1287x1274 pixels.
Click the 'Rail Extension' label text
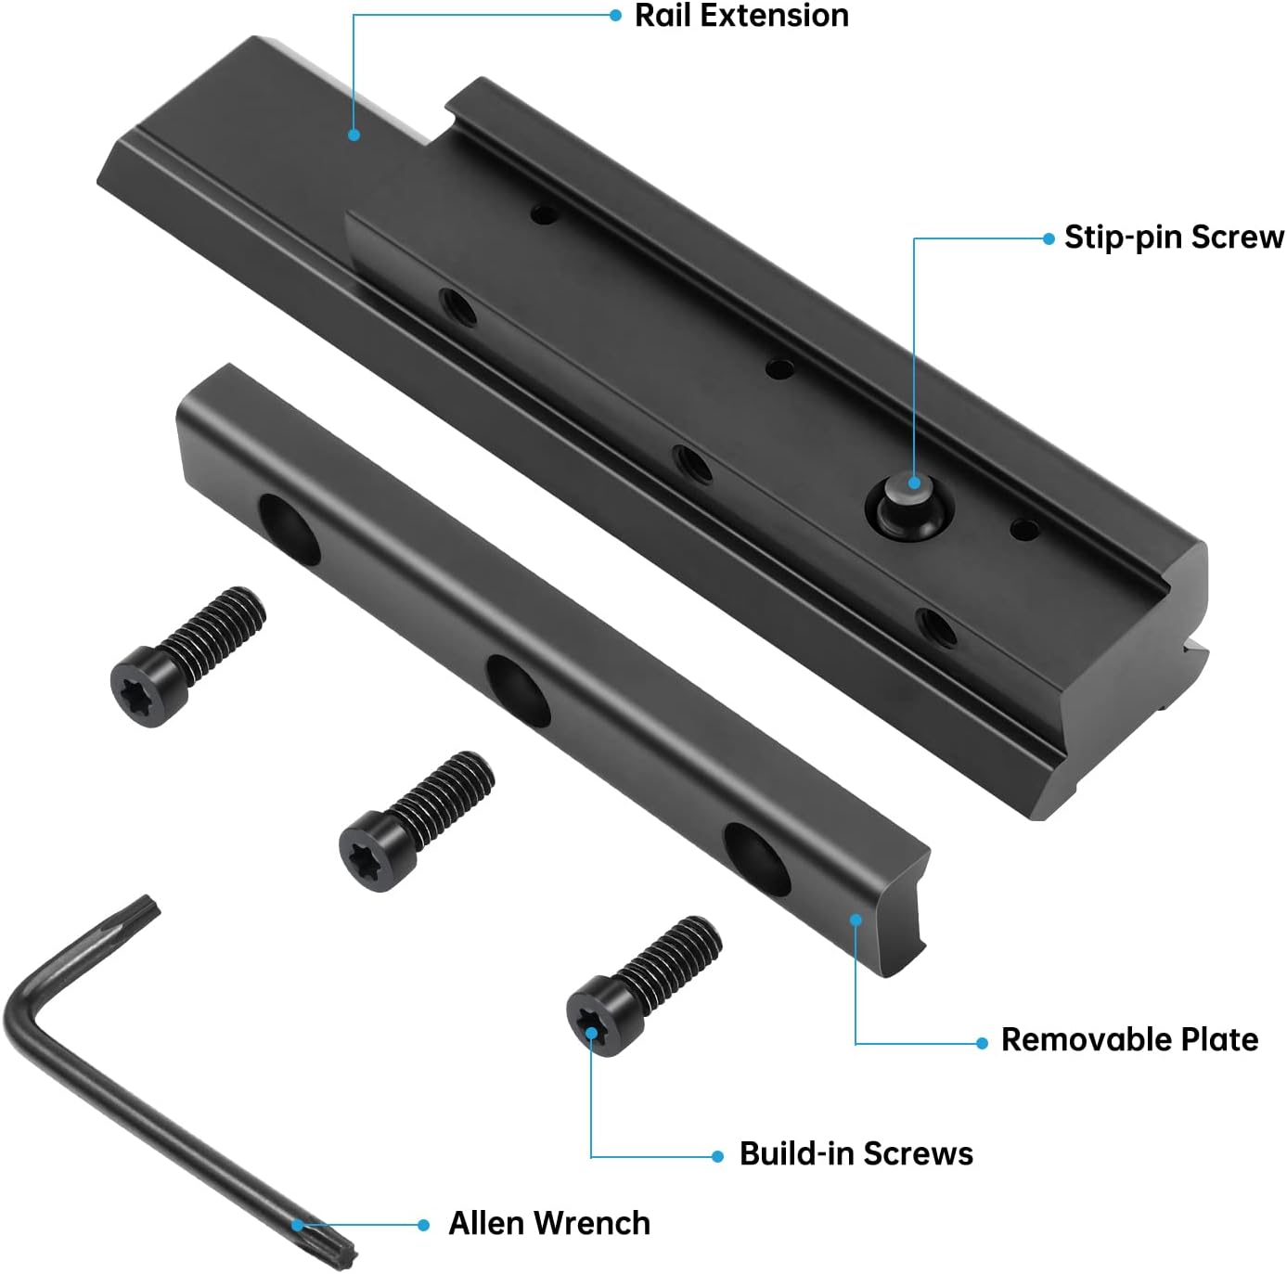(741, 16)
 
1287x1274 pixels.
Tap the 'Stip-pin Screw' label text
(1173, 238)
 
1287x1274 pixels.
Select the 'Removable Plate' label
(1129, 1039)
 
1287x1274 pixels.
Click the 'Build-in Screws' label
(856, 1153)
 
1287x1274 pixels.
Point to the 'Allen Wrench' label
(548, 1223)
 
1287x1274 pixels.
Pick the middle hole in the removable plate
(519, 690)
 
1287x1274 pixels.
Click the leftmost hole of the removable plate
(289, 530)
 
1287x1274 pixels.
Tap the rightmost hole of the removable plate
(756, 858)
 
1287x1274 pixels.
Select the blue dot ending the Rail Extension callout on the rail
(354, 135)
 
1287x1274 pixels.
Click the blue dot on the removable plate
(856, 920)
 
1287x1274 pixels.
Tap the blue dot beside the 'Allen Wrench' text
(423, 1225)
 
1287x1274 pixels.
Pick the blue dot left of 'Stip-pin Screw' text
(1049, 238)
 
